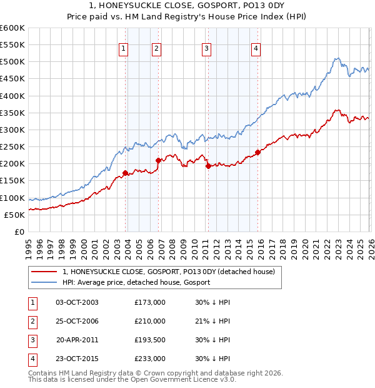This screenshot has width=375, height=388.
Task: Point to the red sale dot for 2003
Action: point(125,173)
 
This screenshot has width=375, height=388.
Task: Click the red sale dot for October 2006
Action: point(158,160)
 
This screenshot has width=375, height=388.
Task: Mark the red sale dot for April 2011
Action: point(208,166)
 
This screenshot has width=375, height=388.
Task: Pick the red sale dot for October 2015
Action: point(258,152)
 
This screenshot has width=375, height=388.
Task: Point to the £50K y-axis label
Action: point(14,215)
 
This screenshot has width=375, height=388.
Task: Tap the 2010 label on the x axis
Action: point(194,248)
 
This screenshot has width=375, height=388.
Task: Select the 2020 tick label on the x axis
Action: point(304,248)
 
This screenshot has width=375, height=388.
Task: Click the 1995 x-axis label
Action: point(29,248)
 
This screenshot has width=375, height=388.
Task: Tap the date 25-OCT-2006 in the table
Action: point(77,321)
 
